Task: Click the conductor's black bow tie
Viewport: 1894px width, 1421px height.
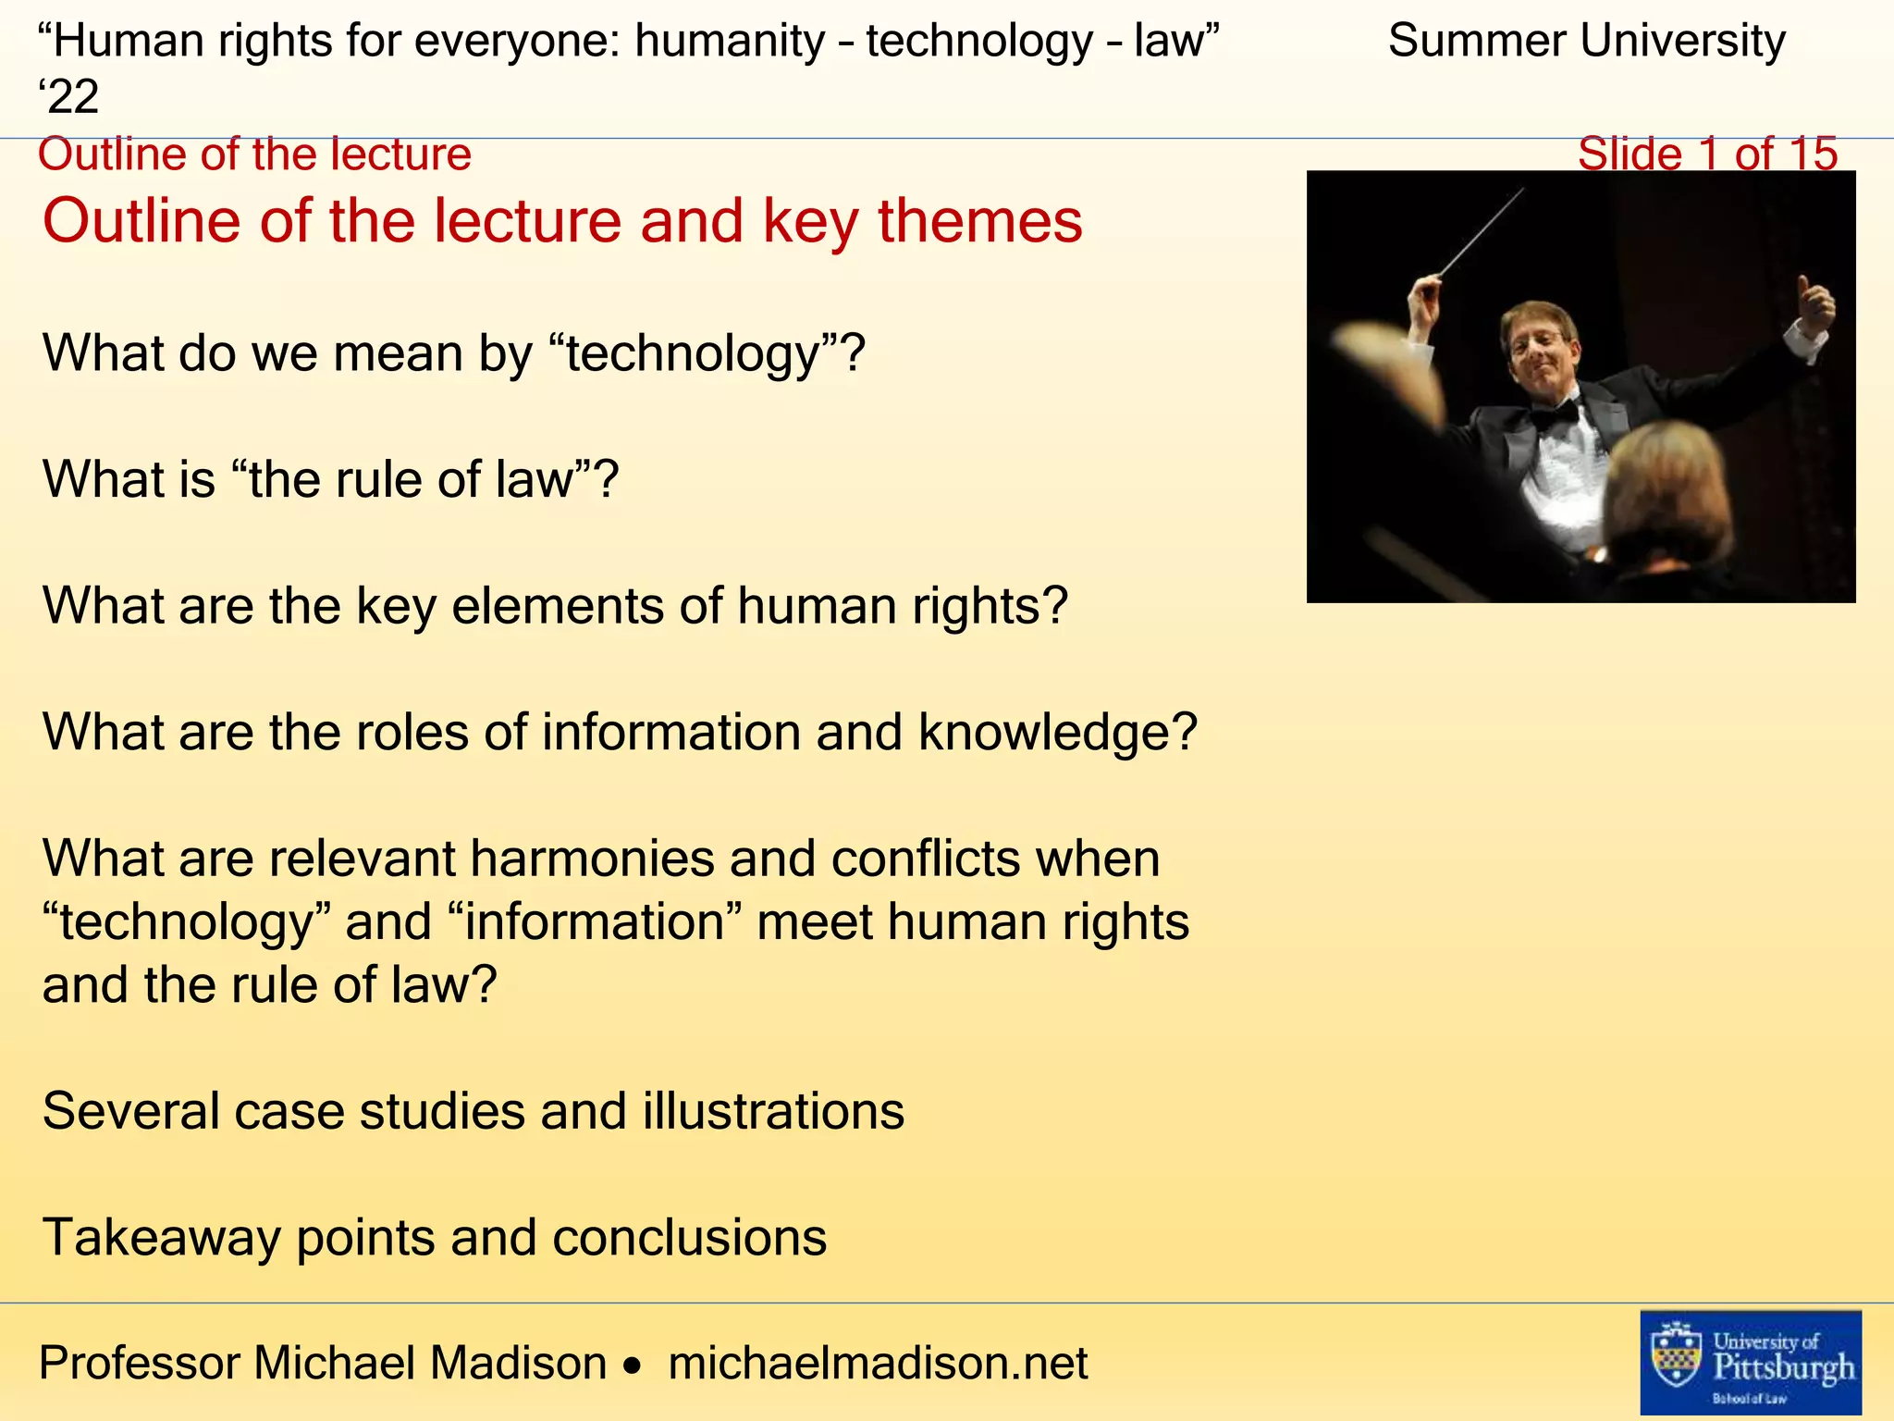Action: point(1555,414)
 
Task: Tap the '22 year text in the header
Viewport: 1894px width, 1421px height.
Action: point(68,96)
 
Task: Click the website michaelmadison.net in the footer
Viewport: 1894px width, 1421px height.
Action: point(878,1363)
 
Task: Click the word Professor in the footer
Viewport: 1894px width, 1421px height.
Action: point(139,1363)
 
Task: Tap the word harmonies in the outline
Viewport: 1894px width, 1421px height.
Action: point(592,859)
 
